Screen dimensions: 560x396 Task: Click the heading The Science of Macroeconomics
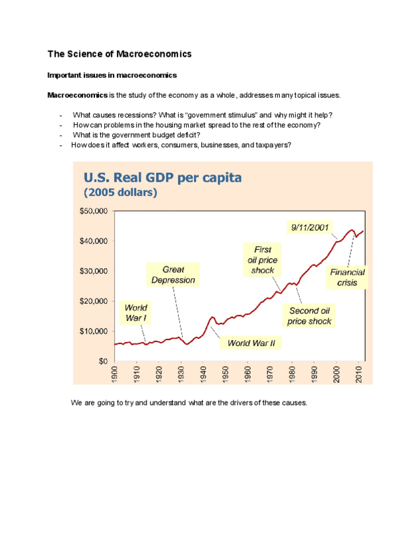pos(119,53)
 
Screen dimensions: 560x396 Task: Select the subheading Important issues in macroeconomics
pos(112,75)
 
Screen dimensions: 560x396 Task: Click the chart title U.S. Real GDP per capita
pos(162,178)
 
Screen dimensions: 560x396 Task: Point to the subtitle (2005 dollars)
pos(120,193)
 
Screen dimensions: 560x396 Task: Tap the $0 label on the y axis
pos(103,361)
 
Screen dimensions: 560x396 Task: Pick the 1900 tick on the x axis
pos(115,373)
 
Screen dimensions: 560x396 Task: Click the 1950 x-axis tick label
pos(226,373)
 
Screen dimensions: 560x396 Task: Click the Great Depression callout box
pos(173,275)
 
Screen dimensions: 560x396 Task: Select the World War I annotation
pos(136,313)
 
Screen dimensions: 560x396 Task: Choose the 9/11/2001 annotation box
pos(310,227)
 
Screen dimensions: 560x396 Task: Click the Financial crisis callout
pos(348,277)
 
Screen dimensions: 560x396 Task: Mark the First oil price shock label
pos(258,260)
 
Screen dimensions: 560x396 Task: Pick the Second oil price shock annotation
pos(309,316)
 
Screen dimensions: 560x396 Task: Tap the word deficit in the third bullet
pos(185,135)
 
